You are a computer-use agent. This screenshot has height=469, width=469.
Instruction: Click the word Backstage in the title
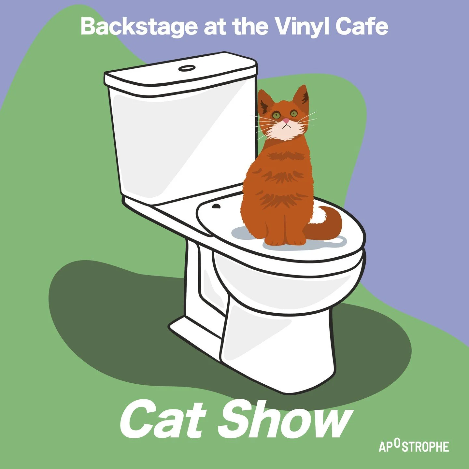(139, 27)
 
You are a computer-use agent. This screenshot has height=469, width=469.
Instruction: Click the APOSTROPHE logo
(414, 446)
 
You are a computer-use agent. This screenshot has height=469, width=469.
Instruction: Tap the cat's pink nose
(286, 121)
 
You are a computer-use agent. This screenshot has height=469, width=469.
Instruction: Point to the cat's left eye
(277, 115)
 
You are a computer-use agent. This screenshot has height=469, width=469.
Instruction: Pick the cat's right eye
(294, 114)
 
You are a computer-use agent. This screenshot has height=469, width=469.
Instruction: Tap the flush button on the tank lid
(187, 68)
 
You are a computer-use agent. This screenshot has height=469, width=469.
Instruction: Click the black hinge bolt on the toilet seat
(216, 206)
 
